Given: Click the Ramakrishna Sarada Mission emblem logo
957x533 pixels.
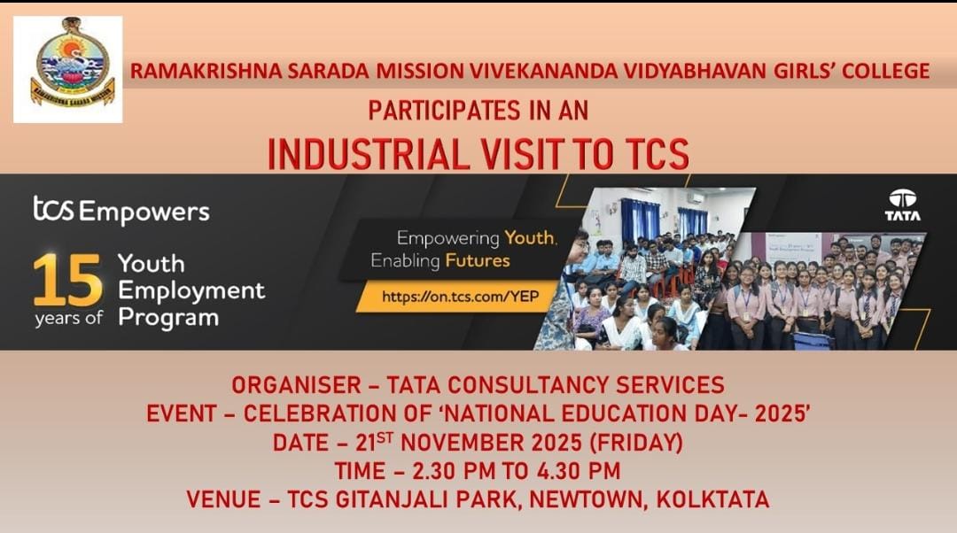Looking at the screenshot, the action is tap(67, 70).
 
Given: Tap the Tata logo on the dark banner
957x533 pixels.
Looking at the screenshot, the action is tap(902, 205).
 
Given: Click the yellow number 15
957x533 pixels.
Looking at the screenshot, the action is tap(67, 281).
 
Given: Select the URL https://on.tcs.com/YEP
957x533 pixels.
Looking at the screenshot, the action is tap(461, 297).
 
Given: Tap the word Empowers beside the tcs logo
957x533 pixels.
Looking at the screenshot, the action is tap(144, 212).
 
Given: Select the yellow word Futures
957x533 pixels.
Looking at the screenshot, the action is tap(478, 261).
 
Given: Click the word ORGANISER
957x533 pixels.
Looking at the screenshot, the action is tap(296, 385).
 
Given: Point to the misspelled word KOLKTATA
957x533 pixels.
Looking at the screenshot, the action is tap(712, 500).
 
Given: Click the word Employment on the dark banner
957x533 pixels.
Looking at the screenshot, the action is tap(191, 291).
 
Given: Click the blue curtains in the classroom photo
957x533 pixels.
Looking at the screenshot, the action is tap(639, 218).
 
